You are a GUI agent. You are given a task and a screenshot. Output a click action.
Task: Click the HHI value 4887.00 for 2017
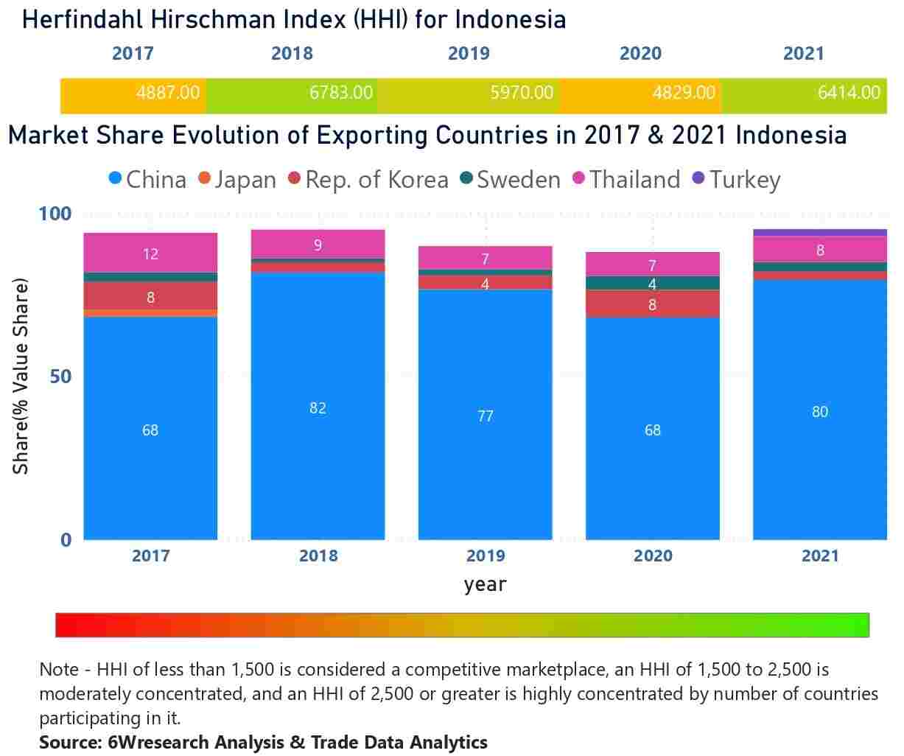tap(168, 93)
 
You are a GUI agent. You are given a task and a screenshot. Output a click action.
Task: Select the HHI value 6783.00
tap(340, 93)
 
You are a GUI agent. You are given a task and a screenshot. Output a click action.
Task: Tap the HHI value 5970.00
tap(521, 93)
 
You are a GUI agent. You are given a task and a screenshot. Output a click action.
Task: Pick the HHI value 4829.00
tap(683, 93)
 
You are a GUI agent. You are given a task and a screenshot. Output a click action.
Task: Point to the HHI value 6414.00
tap(849, 93)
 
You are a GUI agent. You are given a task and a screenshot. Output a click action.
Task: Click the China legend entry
tap(147, 180)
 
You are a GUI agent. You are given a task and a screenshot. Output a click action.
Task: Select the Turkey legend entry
tap(736, 180)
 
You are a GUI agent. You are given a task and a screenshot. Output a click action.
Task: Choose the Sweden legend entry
tap(510, 180)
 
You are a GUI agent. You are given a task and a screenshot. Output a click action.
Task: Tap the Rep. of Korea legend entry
tap(368, 180)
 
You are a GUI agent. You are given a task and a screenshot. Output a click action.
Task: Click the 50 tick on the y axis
tap(56, 377)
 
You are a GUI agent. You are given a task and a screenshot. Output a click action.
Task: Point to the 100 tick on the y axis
tap(55, 214)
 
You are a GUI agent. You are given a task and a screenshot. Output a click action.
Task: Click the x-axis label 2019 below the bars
tap(486, 556)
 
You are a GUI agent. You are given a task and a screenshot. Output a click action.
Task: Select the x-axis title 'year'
tap(485, 585)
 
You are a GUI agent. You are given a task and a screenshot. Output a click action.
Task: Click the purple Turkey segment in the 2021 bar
tap(819, 233)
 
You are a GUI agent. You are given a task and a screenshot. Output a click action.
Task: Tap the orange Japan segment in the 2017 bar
tap(150, 313)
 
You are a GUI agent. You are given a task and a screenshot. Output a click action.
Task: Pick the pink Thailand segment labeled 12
tap(150, 253)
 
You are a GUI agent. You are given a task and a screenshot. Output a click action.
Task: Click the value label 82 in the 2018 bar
tap(318, 408)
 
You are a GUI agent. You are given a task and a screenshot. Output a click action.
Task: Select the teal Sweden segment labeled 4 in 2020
tap(652, 283)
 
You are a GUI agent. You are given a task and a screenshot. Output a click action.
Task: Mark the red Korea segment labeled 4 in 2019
tap(485, 283)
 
